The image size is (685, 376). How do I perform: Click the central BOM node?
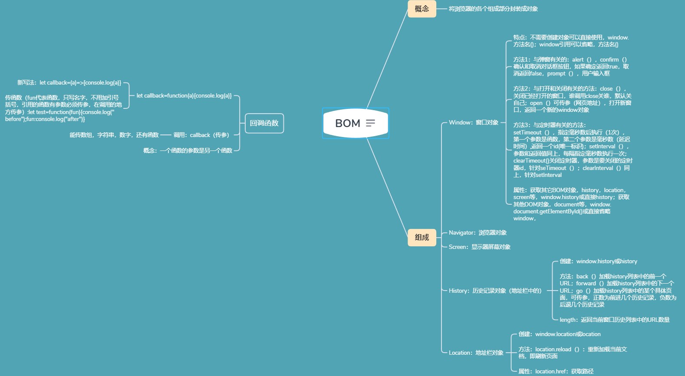(x=348, y=123)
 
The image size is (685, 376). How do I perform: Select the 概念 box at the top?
(x=422, y=9)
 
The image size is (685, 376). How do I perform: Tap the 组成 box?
(x=422, y=237)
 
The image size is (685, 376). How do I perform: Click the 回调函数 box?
(x=264, y=123)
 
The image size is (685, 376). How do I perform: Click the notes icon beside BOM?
(x=370, y=123)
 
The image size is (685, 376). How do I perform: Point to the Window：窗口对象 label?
(x=474, y=123)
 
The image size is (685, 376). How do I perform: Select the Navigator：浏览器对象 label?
(x=478, y=233)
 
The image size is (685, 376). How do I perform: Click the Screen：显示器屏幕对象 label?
(x=479, y=247)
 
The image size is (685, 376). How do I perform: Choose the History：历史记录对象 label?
(x=495, y=291)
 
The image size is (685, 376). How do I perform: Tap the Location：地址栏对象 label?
(x=476, y=353)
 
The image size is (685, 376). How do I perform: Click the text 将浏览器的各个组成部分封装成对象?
(x=493, y=9)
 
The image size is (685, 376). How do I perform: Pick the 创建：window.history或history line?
(x=598, y=262)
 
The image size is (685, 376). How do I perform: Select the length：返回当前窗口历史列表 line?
(x=614, y=320)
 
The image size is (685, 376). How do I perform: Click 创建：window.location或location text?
(x=559, y=334)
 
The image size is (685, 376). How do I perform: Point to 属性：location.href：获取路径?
(x=556, y=371)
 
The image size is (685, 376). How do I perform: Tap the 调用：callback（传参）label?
(x=201, y=135)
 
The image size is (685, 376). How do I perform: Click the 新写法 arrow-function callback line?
(x=69, y=83)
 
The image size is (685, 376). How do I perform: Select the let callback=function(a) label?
(x=184, y=96)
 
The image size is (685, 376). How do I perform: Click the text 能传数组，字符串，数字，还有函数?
(x=114, y=135)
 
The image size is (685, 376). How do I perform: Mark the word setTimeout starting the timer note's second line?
(x=527, y=133)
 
